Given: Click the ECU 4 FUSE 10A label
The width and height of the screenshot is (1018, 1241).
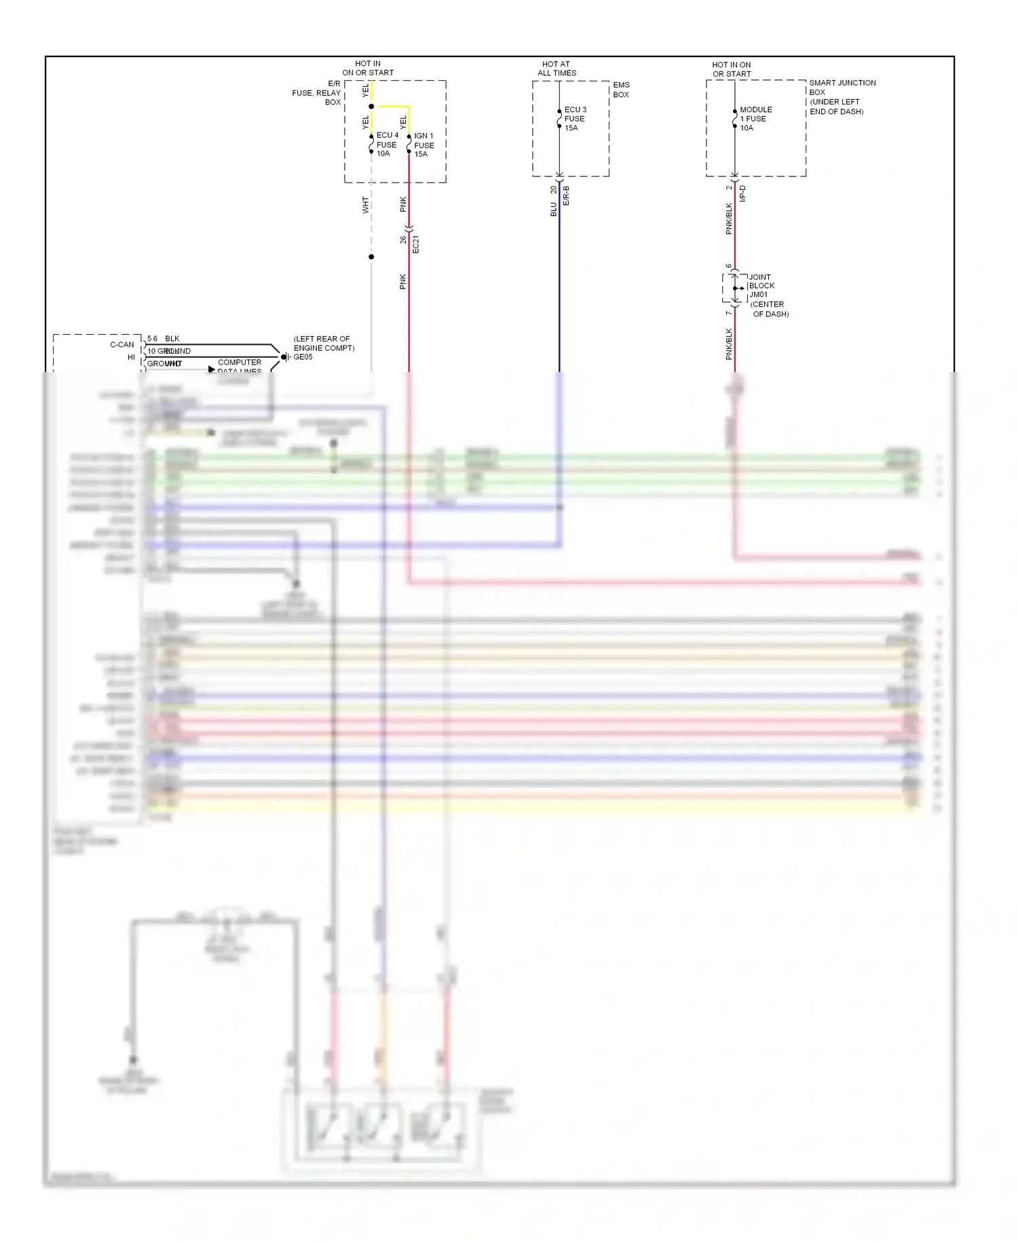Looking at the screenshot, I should click(x=387, y=145).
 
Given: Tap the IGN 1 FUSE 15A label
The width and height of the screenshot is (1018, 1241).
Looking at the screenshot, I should click(x=423, y=145).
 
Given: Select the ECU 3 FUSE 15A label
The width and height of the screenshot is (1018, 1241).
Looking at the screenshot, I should click(x=574, y=119).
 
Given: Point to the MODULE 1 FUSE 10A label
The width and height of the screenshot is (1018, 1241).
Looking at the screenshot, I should click(x=755, y=119).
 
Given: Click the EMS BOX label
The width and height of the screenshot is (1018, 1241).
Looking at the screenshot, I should click(x=621, y=90).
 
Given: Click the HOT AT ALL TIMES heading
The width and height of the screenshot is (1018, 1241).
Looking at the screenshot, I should click(x=557, y=69).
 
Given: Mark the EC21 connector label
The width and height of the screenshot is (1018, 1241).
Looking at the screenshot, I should click(x=416, y=244).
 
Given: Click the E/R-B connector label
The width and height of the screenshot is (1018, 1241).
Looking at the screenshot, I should click(x=566, y=196).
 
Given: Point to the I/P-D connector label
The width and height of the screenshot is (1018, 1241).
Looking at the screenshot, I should click(x=742, y=193).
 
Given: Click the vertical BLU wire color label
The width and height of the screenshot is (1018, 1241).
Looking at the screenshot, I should click(x=553, y=210).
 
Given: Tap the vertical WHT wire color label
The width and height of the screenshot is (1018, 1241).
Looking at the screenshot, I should click(x=365, y=205).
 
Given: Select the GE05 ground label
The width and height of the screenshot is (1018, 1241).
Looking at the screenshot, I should click(x=303, y=357).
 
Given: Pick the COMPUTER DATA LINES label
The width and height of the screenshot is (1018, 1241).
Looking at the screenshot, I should click(x=239, y=366).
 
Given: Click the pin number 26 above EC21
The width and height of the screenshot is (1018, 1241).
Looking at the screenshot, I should click(x=403, y=240).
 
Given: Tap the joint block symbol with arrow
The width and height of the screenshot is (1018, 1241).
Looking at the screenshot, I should click(x=736, y=289).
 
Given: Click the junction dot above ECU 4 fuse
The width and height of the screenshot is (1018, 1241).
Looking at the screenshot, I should click(x=371, y=107).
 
